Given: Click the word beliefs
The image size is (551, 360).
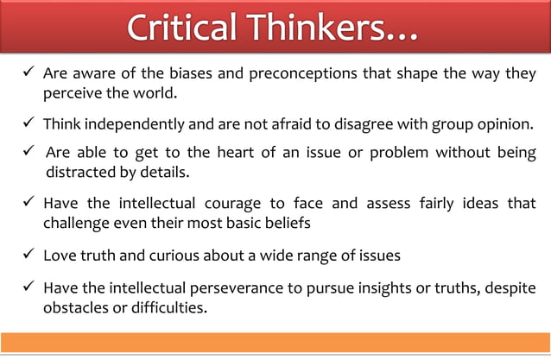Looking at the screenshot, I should (281, 223).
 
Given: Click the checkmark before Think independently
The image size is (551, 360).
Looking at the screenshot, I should (27, 123).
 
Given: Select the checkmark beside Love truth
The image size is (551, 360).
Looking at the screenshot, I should (27, 255).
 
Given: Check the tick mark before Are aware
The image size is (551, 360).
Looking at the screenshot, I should (27, 73).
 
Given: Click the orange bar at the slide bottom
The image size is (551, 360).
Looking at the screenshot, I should (275, 342).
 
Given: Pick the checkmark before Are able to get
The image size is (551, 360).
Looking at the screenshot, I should (27, 154).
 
